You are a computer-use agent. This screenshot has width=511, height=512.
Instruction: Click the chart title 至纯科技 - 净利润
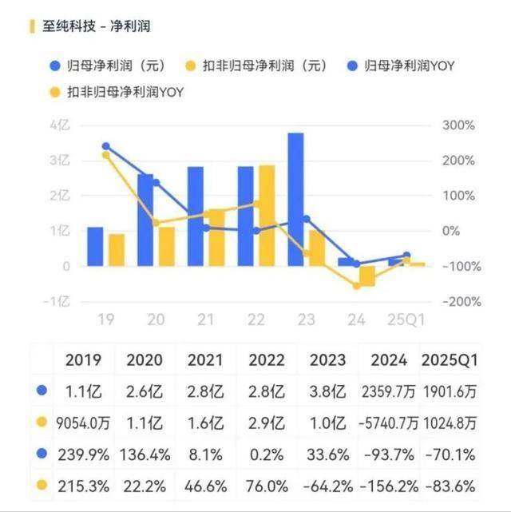coord(96,26)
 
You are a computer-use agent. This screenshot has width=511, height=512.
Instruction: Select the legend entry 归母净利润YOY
coord(407,65)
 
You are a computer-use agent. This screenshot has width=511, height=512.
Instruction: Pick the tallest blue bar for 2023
coord(295,200)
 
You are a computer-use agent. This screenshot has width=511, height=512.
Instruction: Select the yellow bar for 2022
coord(267,216)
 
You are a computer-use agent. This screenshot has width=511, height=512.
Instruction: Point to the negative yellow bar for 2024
coord(366,276)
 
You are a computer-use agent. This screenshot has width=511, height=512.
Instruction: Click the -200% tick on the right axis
coord(458,301)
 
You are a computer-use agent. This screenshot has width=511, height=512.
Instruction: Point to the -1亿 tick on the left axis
coord(59,301)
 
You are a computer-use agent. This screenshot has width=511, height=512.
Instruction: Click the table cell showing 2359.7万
coord(388,391)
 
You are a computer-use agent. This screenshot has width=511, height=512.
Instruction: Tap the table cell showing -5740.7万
coord(388,423)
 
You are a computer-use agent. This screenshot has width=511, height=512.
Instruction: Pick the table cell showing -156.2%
coord(388,485)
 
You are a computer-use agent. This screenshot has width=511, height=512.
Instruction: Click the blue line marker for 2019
coord(106,146)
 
